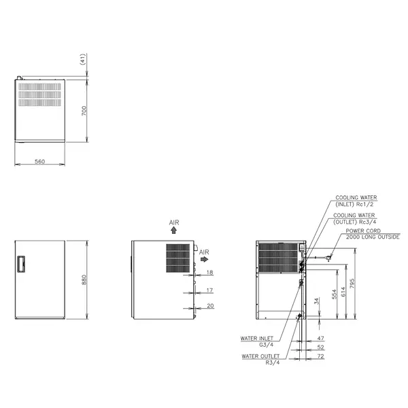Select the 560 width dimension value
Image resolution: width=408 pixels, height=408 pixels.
click(40, 161)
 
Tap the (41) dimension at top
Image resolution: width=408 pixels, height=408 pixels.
click(83, 60)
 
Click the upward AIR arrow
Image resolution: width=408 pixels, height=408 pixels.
click(174, 231)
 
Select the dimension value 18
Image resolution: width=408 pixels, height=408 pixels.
click(209, 273)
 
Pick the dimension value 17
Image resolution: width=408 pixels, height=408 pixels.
click(209, 290)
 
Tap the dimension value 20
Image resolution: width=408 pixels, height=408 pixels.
click(209, 306)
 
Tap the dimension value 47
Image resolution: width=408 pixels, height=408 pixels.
click(321, 338)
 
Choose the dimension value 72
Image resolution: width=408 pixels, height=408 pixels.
click(321, 356)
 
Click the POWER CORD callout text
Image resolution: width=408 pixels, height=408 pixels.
click(362, 231)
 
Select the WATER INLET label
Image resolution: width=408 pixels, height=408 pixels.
click(256, 338)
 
